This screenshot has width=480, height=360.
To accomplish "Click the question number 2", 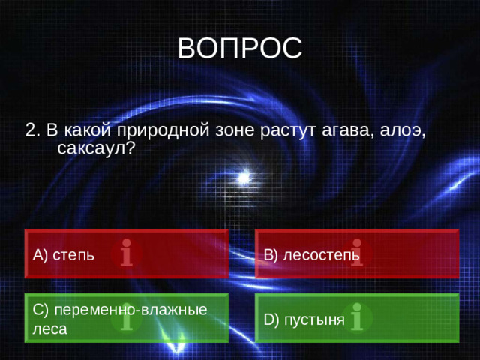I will point(31,130).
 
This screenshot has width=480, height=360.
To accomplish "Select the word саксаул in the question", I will point(94,148).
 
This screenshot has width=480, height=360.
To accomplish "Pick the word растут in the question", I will point(287,130).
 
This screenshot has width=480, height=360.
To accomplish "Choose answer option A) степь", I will point(64,255).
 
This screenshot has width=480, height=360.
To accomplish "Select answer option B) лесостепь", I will point(312,255).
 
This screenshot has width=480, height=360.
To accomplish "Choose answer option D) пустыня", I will point(304,320).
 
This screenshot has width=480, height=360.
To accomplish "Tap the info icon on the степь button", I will point(127,253).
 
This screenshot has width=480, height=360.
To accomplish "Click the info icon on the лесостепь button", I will point(356,253).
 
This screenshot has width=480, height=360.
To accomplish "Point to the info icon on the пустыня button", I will point(357,316).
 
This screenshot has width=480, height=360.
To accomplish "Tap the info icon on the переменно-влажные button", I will point(127,317).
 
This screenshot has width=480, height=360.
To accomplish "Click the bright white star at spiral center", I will point(244,178).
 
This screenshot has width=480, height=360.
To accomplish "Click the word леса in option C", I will point(49,328).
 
